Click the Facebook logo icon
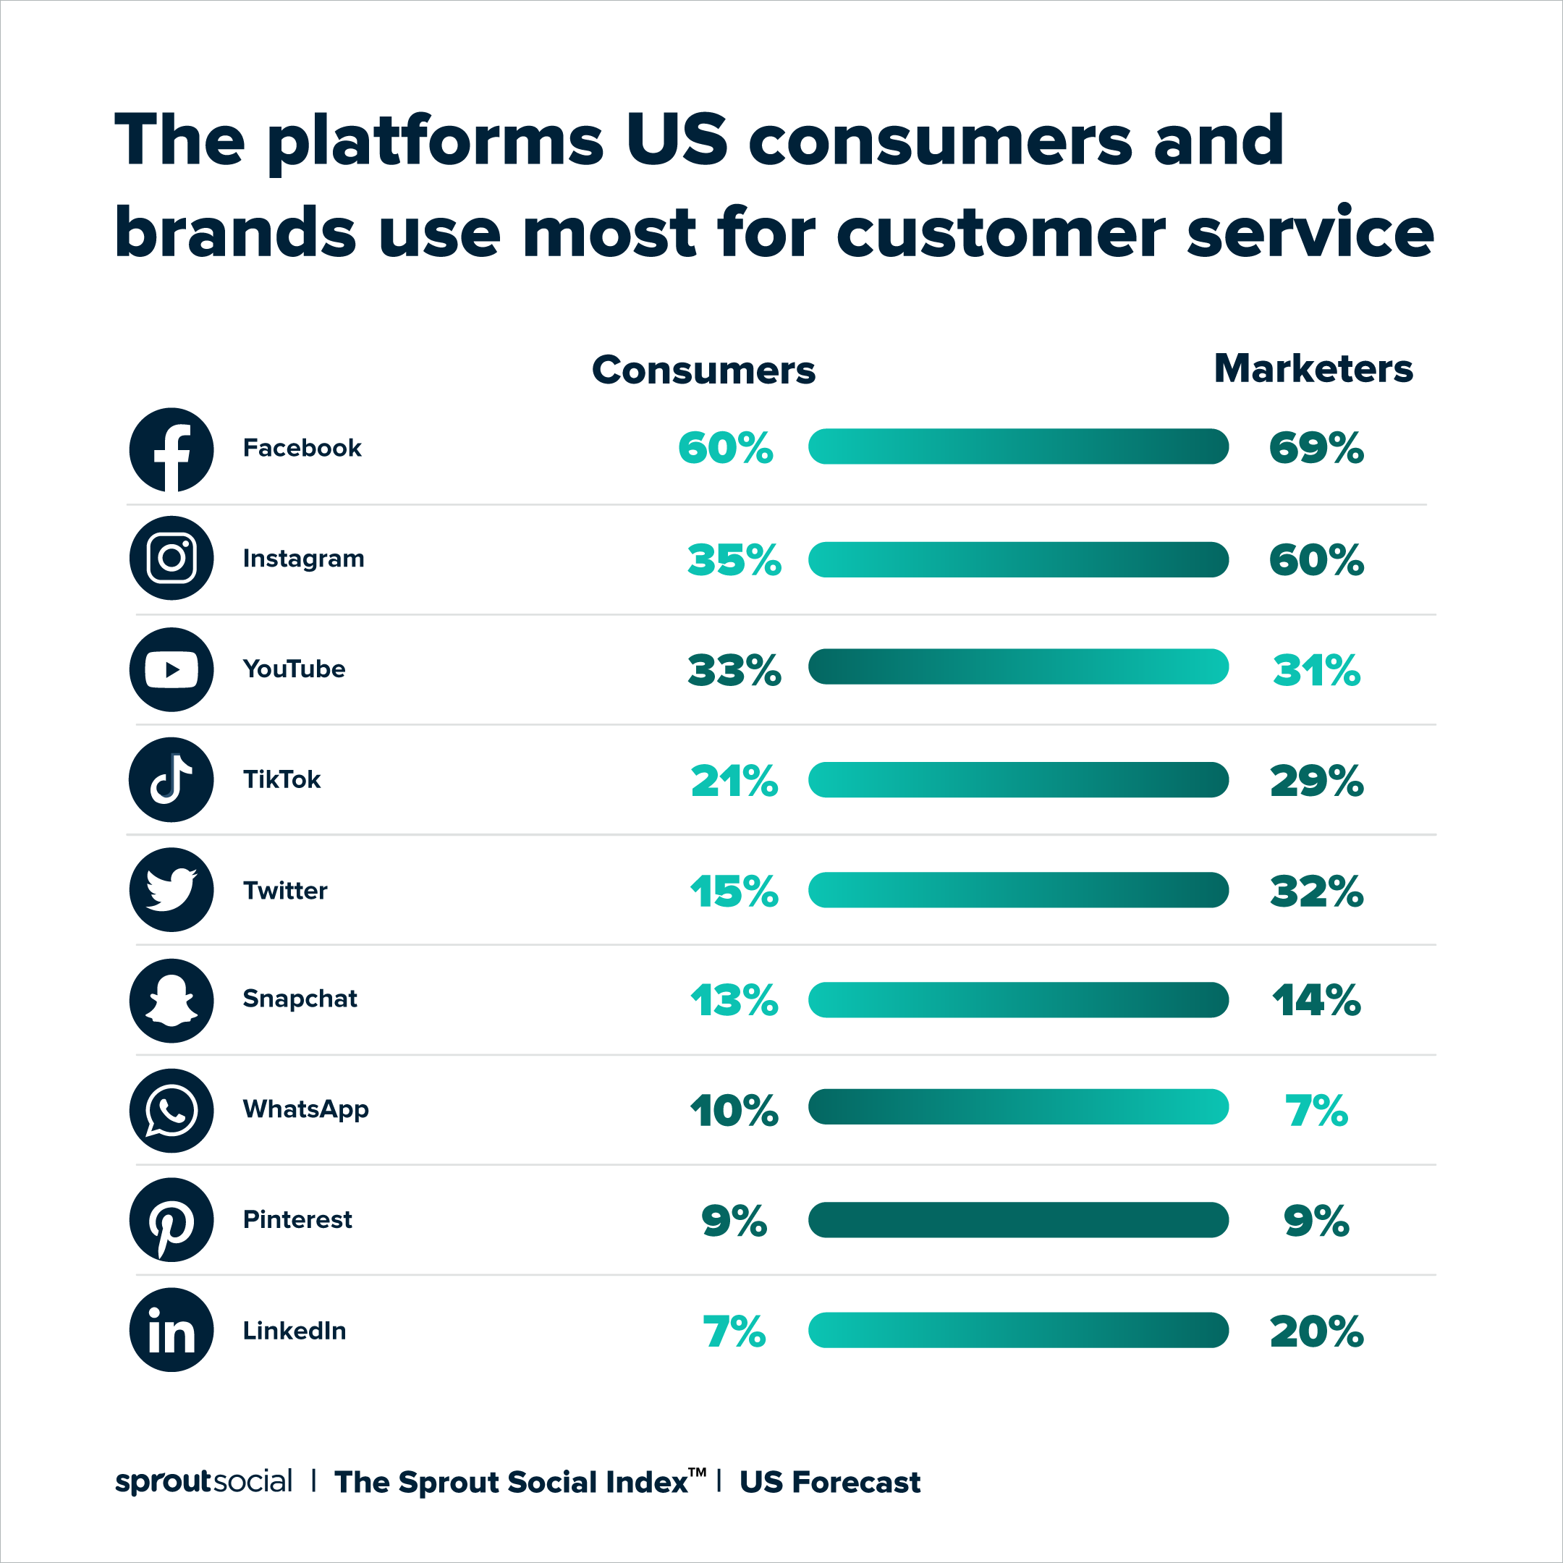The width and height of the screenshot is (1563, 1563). point(171,450)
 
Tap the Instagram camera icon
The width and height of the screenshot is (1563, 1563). point(171,558)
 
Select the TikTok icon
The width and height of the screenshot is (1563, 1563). point(171,779)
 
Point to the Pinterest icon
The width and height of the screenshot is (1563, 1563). point(171,1220)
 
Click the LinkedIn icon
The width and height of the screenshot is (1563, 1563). point(171,1330)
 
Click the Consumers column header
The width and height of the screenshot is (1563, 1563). point(703,370)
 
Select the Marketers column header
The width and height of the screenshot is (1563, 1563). point(1313,369)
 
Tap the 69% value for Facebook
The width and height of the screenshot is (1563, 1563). point(1316,448)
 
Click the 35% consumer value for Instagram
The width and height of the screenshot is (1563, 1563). point(734,560)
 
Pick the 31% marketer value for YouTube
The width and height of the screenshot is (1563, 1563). point(1316,671)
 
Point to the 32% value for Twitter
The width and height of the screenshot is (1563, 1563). point(1316,891)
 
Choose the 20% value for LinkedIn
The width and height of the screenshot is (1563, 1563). point(1316,1331)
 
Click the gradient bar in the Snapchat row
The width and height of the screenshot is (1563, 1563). point(1017,1000)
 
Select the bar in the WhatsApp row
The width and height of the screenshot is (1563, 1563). point(1017,1106)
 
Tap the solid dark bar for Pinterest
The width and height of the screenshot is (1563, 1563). point(1017,1220)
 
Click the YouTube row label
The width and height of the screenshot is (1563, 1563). point(295,669)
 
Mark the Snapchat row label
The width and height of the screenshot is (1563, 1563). point(300,999)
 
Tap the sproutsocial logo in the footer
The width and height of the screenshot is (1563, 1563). point(203,1481)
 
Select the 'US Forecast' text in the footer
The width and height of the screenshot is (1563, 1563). point(830,1482)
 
